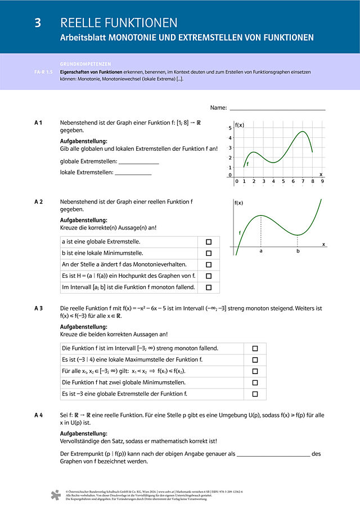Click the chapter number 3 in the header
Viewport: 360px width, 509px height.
point(38,23)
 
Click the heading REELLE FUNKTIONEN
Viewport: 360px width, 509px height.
point(119,23)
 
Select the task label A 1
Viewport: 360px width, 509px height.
point(39,123)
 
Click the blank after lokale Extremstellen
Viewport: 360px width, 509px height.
point(133,173)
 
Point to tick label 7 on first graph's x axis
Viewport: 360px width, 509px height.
point(303,182)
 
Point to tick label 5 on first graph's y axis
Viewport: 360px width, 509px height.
point(229,129)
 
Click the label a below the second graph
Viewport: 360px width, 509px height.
point(261,251)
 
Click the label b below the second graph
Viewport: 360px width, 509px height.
point(298,251)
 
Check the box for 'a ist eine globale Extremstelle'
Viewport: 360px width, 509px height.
point(209,241)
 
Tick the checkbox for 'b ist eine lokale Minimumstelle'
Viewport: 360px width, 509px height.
point(209,253)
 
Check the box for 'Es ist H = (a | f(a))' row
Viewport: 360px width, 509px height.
point(209,276)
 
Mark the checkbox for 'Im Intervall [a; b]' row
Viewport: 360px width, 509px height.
point(209,287)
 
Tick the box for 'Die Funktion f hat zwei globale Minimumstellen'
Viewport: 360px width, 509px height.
point(255,382)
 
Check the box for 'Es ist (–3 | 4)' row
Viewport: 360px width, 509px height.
point(255,360)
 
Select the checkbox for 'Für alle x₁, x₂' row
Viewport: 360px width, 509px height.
point(255,371)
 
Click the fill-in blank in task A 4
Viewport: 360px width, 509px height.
point(273,454)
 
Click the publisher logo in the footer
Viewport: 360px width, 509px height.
point(55,495)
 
